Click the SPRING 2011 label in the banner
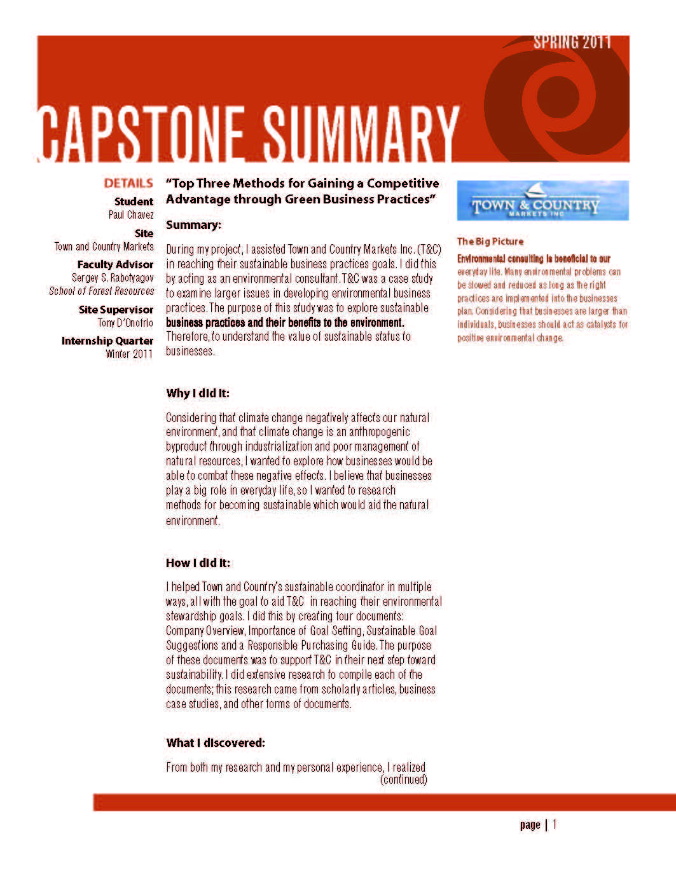tap(572, 43)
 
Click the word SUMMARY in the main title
tap(361, 135)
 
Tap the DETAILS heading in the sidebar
tap(128, 184)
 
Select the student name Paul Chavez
tap(130, 215)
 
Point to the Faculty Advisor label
tap(115, 264)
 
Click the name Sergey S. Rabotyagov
tap(113, 278)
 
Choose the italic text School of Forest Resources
tap(102, 291)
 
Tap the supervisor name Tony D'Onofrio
tap(125, 323)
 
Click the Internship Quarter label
tap(107, 341)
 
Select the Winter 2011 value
tap(129, 354)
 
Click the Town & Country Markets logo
tap(542, 201)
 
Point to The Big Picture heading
tap(490, 242)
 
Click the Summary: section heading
tap(193, 225)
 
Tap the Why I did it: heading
tap(198, 393)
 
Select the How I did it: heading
tap(198, 563)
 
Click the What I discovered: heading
tap(216, 743)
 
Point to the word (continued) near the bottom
tap(403, 779)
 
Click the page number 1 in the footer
tap(555, 825)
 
